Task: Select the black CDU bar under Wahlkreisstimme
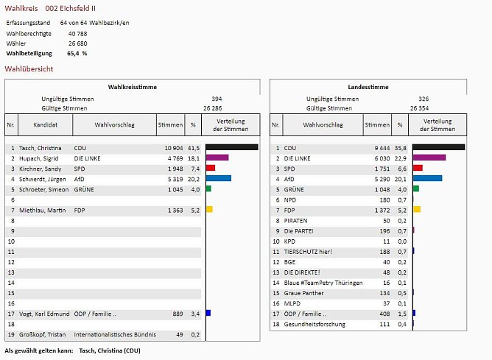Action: coord(231,148)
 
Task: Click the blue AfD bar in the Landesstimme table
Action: coord(427,178)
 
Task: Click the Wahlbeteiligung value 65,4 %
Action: coord(77,54)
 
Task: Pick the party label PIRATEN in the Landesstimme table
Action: coord(296,220)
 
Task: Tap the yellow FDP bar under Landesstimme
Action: coord(417,210)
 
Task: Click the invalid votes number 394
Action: coord(217,98)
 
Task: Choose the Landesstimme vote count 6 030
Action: coord(378,158)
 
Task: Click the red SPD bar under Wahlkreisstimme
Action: coord(210,168)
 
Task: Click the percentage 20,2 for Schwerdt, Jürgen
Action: coord(193,178)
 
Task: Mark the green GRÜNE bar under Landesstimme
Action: coord(415,189)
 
